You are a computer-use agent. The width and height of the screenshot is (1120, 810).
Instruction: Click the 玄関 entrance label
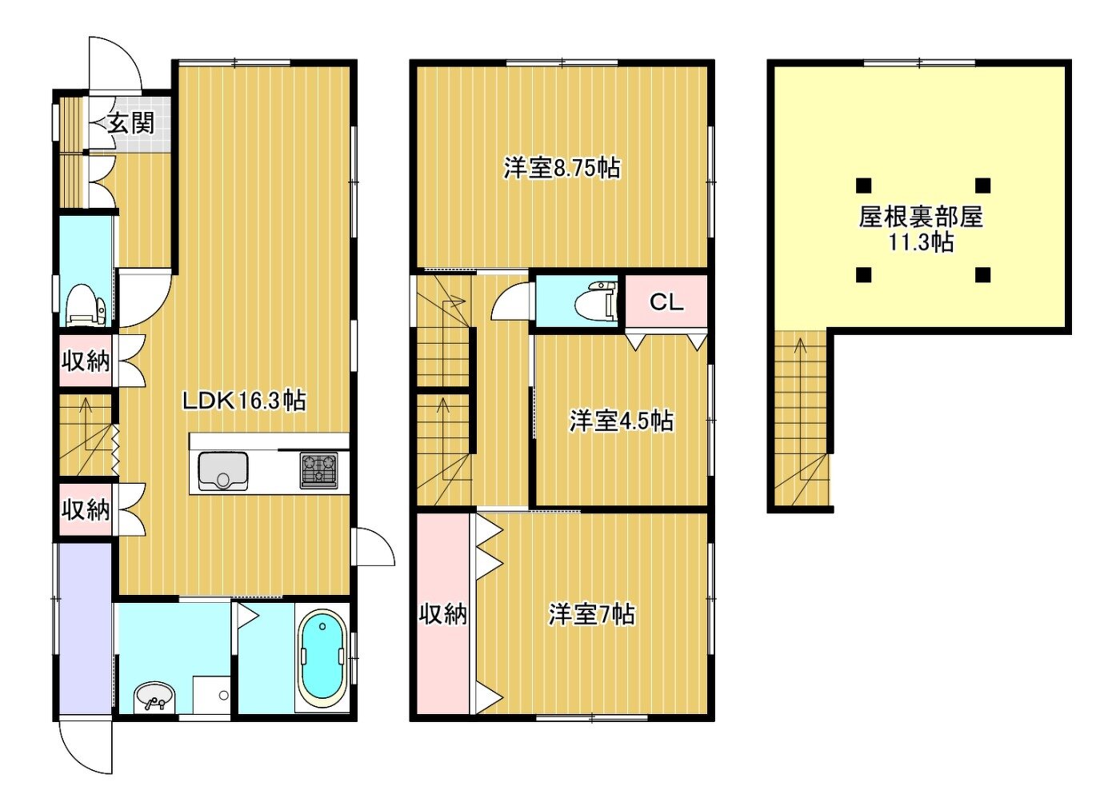pyautogui.click(x=131, y=123)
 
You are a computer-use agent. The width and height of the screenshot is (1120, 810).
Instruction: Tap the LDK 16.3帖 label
pyautogui.click(x=244, y=401)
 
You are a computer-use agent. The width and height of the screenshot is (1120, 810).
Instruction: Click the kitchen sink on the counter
pyautogui.click(x=223, y=471)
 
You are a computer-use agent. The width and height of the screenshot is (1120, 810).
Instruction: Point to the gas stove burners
pyautogui.click(x=318, y=469)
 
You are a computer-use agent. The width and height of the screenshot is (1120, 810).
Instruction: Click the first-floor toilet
pyautogui.click(x=86, y=305)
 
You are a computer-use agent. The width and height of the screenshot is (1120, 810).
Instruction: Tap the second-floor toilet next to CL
pyautogui.click(x=595, y=301)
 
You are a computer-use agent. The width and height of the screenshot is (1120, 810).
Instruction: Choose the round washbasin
pyautogui.click(x=155, y=696)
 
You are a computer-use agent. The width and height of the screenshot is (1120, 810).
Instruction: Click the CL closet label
pyautogui.click(x=666, y=302)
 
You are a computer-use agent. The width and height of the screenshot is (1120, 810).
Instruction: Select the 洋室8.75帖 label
pyautogui.click(x=562, y=169)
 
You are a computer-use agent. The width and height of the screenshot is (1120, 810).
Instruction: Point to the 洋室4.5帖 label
pyautogui.click(x=621, y=421)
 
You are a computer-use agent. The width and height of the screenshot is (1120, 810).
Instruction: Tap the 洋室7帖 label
pyautogui.click(x=592, y=614)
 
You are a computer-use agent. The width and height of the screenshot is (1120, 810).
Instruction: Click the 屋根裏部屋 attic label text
pyautogui.click(x=921, y=217)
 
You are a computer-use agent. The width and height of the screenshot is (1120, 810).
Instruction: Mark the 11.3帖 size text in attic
pyautogui.click(x=921, y=242)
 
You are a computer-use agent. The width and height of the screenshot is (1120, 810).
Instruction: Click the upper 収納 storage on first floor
pyautogui.click(x=86, y=361)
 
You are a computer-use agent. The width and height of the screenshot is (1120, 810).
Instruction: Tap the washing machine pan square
pyautogui.click(x=211, y=695)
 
